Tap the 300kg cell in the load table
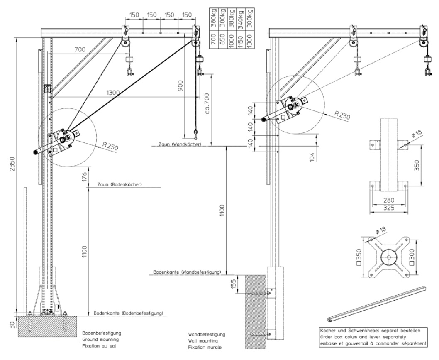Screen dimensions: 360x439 pos(249,18)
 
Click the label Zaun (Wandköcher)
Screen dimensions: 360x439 pos(180,144)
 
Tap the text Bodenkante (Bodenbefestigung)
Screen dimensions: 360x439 pos(128,313)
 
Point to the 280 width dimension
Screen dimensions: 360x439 pos(388,200)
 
